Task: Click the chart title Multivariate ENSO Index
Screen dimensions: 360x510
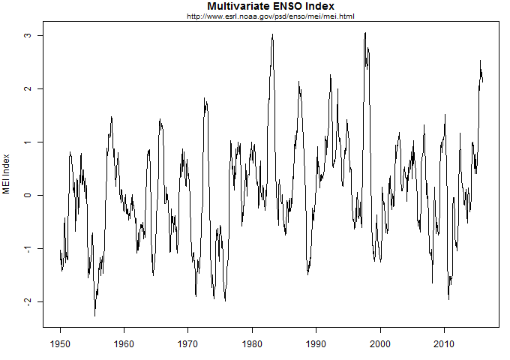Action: [x=271, y=7]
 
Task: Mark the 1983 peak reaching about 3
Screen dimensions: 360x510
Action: [x=273, y=34]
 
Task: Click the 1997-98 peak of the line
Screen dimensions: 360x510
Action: [x=365, y=33]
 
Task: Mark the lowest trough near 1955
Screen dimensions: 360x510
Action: [x=94, y=316]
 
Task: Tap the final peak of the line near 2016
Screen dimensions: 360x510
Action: [x=480, y=61]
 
